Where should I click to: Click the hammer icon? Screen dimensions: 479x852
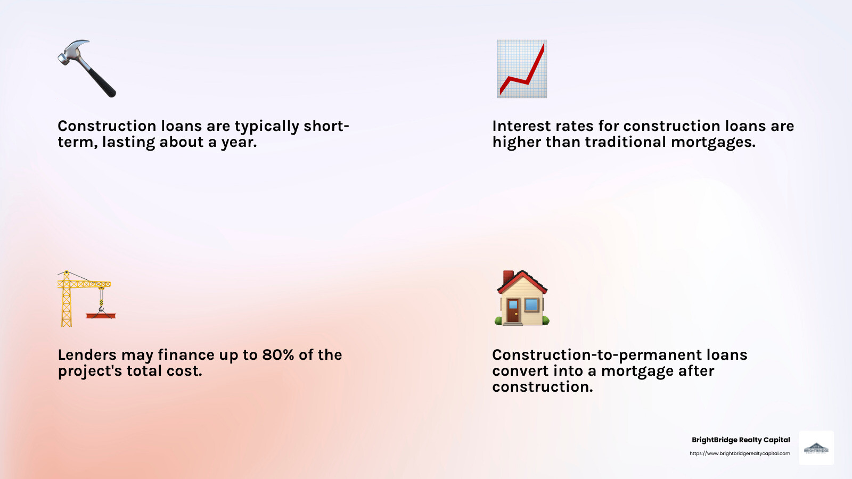[x=87, y=69]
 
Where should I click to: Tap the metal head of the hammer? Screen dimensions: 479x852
[x=72, y=51]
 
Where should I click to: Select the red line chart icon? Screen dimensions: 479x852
[x=522, y=69]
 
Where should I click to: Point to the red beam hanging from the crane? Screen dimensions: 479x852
[x=101, y=316]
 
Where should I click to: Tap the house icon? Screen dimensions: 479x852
[x=522, y=298]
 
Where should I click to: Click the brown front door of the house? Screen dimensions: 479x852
[x=512, y=311]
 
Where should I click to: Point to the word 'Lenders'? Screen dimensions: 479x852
[x=87, y=355]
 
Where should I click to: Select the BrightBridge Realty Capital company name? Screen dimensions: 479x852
[x=740, y=440]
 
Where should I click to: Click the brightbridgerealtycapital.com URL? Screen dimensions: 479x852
[x=740, y=453]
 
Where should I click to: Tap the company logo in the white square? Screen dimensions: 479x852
[x=816, y=448]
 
